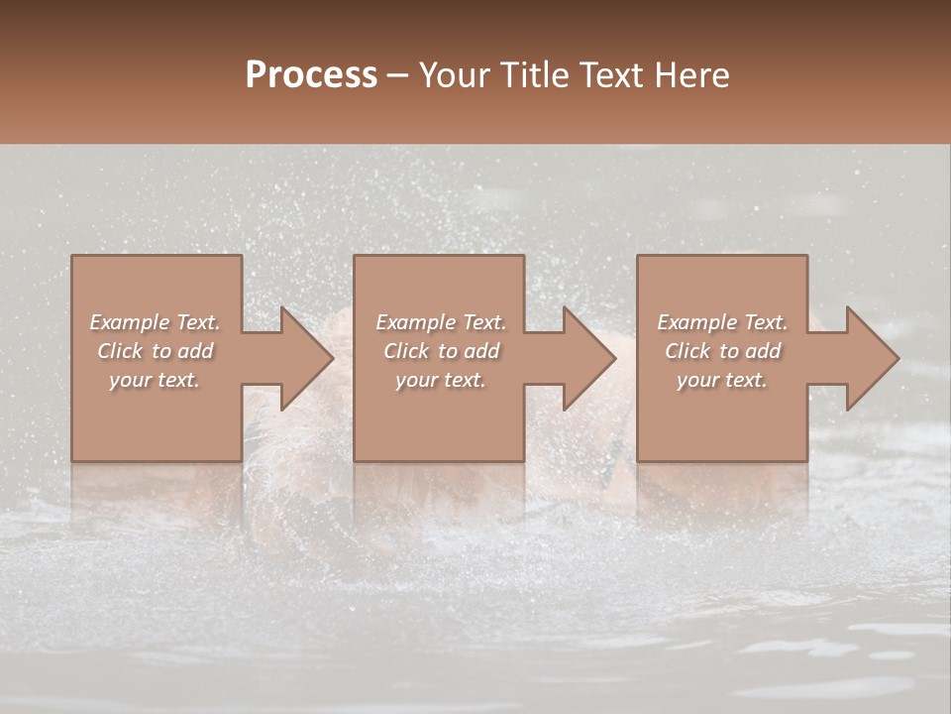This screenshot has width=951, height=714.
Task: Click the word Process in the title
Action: [x=311, y=75]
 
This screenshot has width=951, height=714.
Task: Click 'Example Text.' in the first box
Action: [x=156, y=322]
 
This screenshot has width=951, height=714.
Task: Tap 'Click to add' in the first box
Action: [x=156, y=351]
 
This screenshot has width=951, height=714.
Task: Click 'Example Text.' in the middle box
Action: [x=441, y=322]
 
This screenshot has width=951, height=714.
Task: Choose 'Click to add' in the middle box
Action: [x=441, y=351]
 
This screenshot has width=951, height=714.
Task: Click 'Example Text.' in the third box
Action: [x=722, y=322]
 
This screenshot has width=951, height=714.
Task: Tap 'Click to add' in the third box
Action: [x=722, y=351]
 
